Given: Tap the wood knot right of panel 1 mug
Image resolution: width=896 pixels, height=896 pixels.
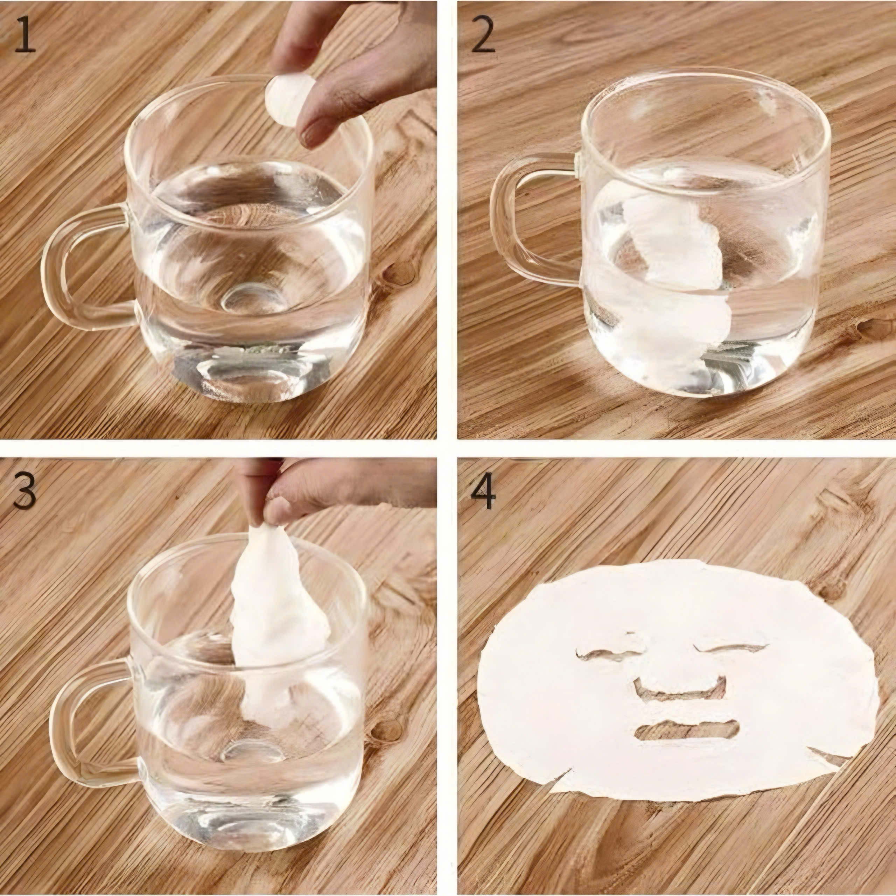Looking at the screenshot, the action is point(399,274).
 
